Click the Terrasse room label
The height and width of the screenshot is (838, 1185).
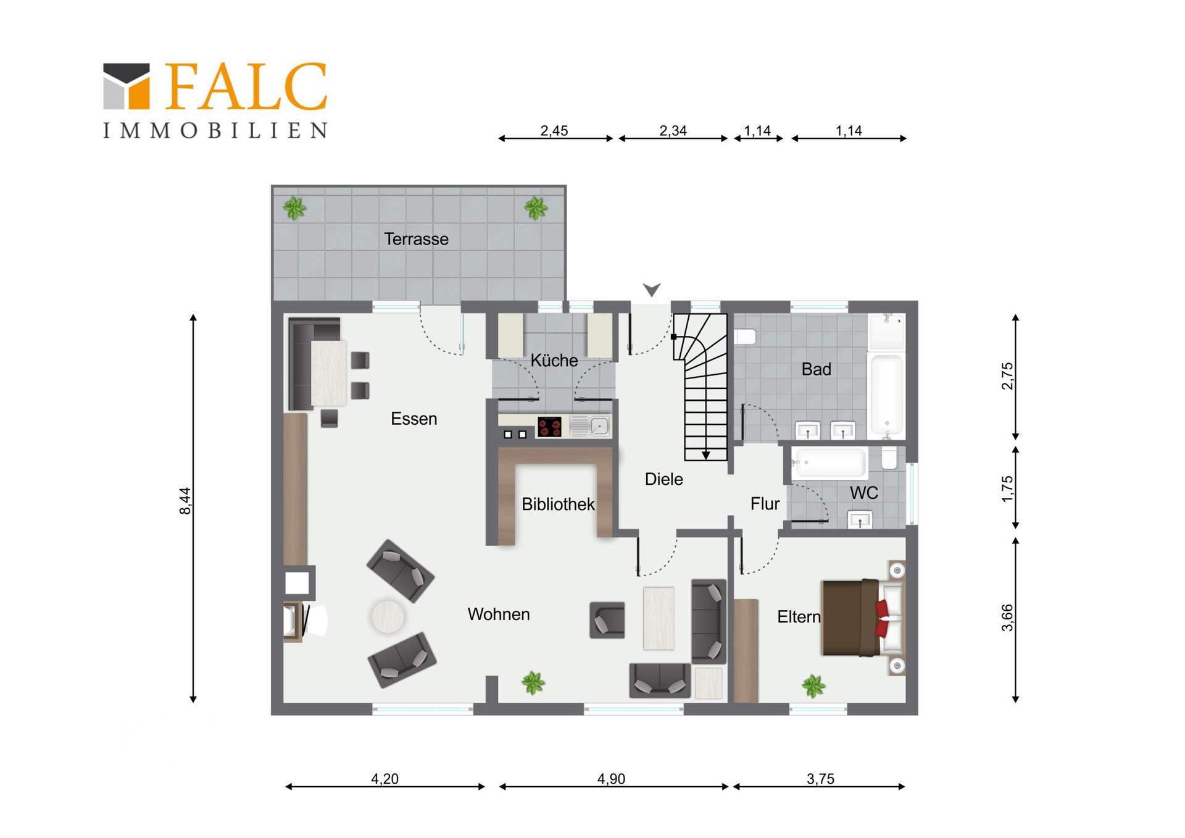tap(416, 239)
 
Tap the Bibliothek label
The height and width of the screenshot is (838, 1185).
tap(558, 504)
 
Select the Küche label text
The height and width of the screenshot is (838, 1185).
tap(554, 360)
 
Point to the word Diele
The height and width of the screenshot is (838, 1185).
tap(663, 479)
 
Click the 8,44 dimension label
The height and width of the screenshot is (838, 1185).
tap(185, 500)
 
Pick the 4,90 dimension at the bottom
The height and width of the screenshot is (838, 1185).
tap(611, 779)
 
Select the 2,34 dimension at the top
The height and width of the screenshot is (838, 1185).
tap(673, 131)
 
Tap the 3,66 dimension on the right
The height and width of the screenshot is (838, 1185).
tap(1007, 618)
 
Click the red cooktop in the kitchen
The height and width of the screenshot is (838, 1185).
tap(549, 427)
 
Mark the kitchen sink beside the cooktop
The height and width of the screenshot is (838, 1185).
tap(591, 426)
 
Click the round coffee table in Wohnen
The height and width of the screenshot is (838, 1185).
tap(388, 616)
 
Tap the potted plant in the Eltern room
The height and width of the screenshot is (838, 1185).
tap(813, 685)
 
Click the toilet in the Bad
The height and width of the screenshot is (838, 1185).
tap(746, 337)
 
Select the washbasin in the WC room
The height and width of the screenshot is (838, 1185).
tap(860, 519)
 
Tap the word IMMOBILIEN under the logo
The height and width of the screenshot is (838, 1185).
tap(215, 130)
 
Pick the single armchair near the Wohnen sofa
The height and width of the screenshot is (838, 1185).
tap(607, 620)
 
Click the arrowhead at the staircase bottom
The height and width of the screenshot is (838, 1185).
tap(705, 456)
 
